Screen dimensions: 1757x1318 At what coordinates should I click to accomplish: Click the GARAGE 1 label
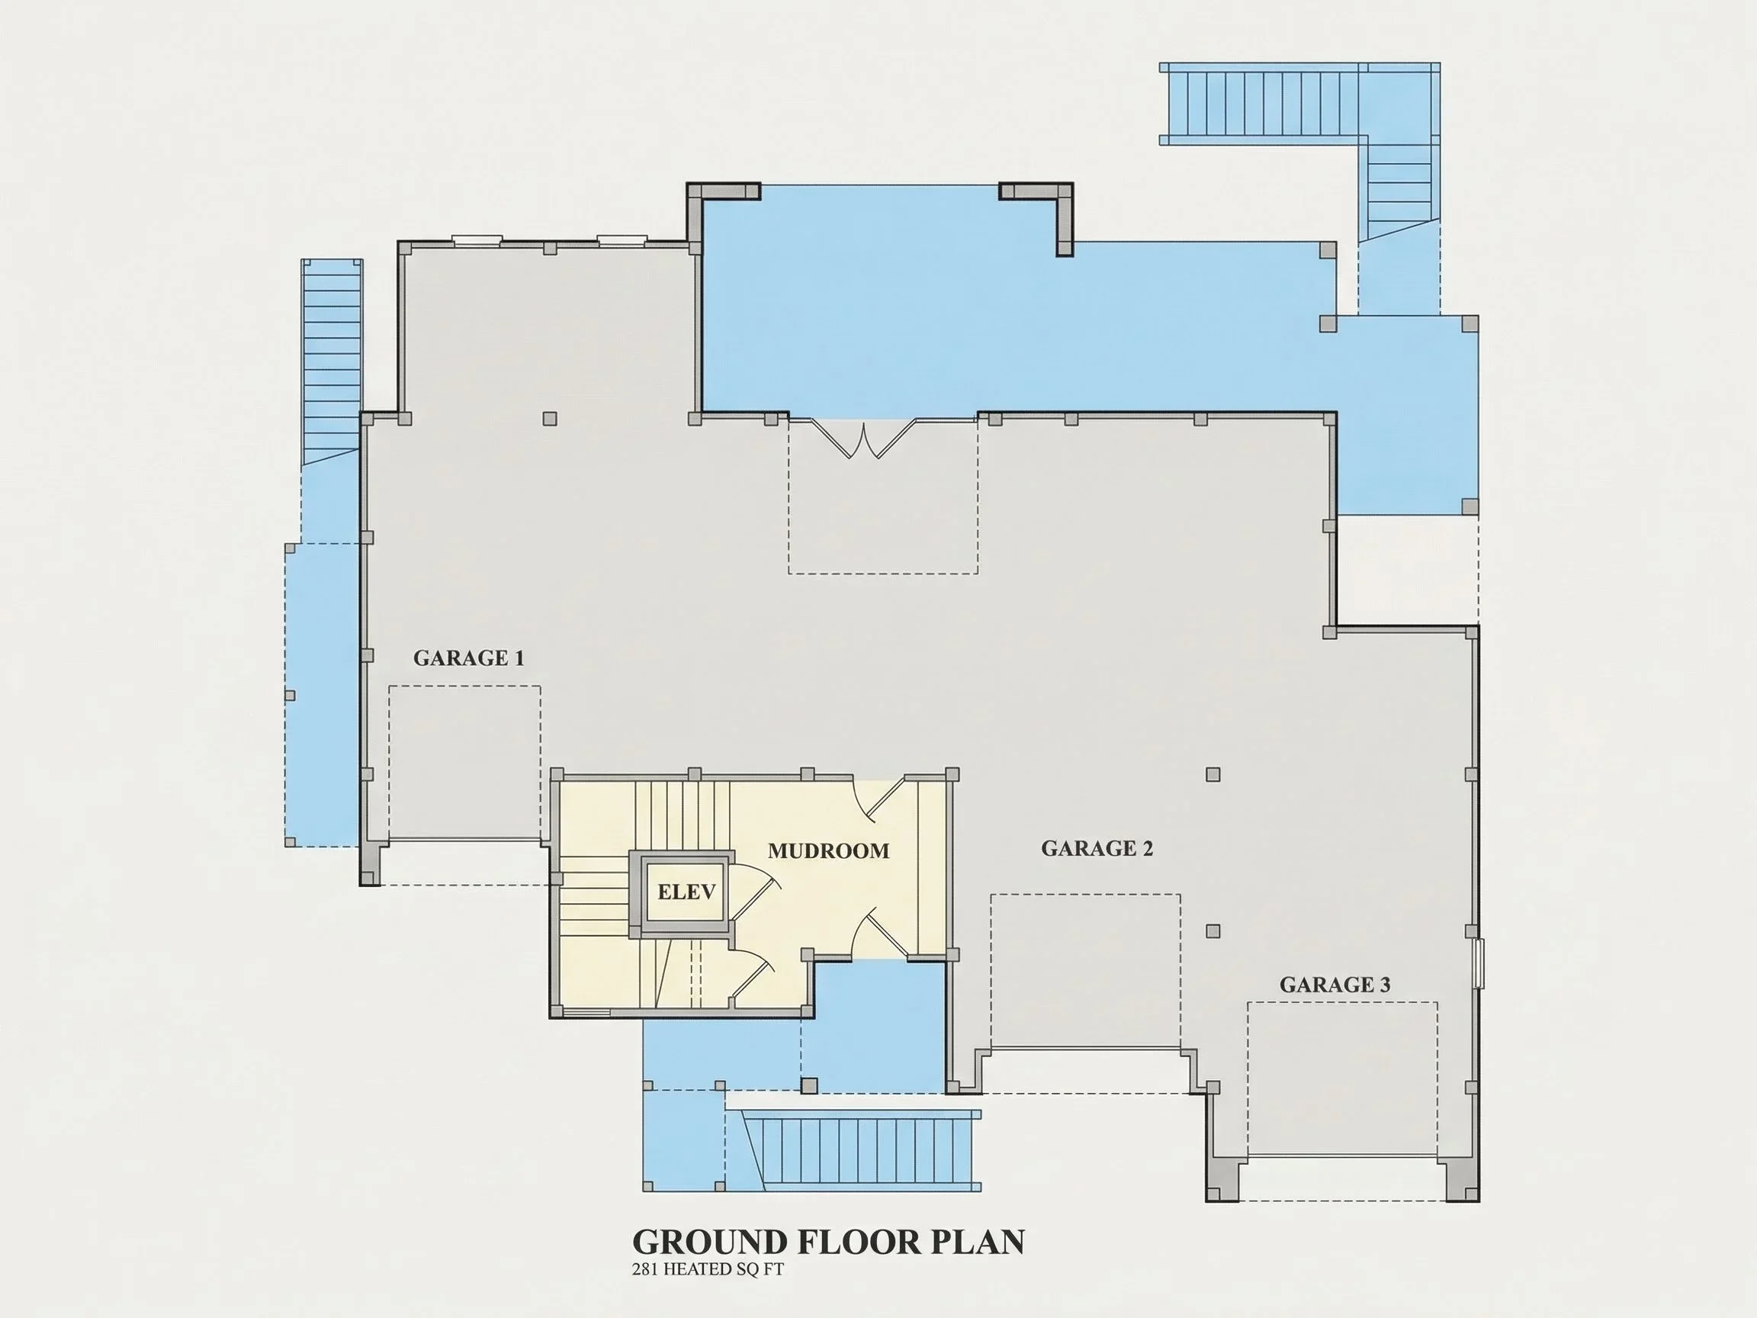pyautogui.click(x=469, y=657)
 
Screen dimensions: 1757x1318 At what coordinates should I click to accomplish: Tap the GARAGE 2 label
pyautogui.click(x=1097, y=848)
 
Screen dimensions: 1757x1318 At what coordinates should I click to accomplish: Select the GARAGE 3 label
pyautogui.click(x=1335, y=985)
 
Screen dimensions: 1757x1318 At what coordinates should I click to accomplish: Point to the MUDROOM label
pyautogui.click(x=828, y=851)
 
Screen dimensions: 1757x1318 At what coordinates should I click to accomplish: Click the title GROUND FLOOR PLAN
pyautogui.click(x=828, y=1242)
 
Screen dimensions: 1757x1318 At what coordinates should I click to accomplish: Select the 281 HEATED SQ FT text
pyautogui.click(x=708, y=1269)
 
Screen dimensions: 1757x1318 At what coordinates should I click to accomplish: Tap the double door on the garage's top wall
pyautogui.click(x=864, y=438)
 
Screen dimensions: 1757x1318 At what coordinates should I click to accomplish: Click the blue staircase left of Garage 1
pyautogui.click(x=331, y=362)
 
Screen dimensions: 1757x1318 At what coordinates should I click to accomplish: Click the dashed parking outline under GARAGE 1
pyautogui.click(x=464, y=763)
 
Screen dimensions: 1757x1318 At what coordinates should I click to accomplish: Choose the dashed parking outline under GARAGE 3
pyautogui.click(x=1342, y=1079)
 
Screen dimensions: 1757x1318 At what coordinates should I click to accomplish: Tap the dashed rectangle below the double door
pyautogui.click(x=883, y=497)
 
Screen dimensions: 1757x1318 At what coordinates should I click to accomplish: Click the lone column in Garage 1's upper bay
pyautogui.click(x=550, y=418)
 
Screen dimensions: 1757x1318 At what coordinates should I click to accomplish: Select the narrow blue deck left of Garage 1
pyautogui.click(x=322, y=695)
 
